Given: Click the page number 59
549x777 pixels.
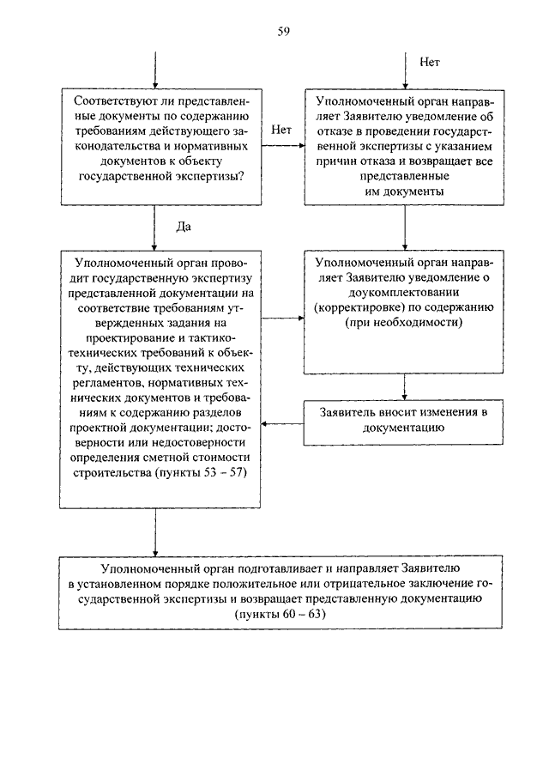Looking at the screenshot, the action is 283,32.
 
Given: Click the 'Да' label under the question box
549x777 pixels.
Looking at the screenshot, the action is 184,227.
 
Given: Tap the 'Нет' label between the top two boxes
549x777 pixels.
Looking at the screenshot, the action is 281,130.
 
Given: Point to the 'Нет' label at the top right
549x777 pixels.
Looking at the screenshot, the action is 430,62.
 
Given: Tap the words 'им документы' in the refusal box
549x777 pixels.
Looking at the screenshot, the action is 404,191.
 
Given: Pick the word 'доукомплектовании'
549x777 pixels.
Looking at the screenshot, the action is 404,293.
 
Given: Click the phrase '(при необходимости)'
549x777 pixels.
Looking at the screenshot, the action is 404,323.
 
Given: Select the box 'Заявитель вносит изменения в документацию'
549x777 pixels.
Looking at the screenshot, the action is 403,422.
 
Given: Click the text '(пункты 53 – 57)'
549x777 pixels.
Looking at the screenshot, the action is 201,472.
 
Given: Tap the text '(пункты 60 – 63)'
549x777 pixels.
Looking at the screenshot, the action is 281,614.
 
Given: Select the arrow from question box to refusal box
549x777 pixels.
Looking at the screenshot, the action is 283,146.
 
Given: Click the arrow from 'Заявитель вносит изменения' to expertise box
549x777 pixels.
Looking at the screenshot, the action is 282,423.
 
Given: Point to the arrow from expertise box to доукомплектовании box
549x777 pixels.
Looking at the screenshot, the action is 283,319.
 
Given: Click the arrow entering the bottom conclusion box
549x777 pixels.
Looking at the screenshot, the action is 155,532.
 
